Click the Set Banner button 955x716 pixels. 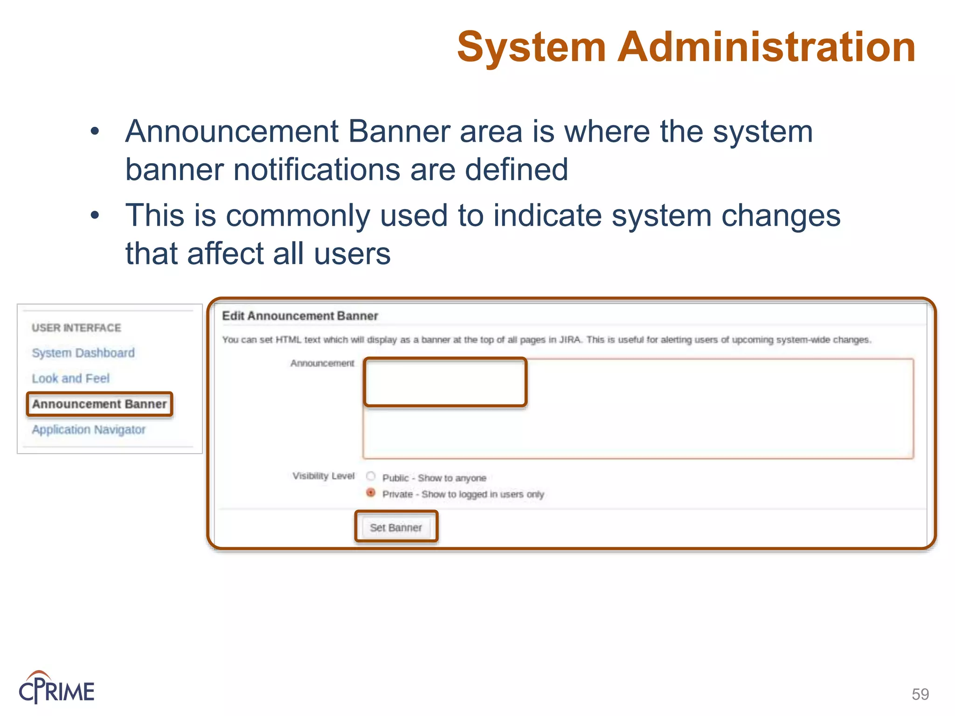pos(396,527)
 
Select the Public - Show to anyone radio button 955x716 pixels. pos(371,476)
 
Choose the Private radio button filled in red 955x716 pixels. pos(371,492)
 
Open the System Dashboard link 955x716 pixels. pos(83,353)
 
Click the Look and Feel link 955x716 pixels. pos(70,378)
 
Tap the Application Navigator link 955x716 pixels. pos(89,429)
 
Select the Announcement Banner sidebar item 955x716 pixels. pos(99,404)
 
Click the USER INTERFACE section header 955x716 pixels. pos(76,328)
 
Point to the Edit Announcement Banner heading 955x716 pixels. pos(300,316)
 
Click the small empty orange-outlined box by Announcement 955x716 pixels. pos(445,382)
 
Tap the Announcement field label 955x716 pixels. pos(322,363)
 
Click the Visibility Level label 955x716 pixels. pos(323,476)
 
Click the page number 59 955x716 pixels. pos(920,694)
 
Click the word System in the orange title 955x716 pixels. pos(531,48)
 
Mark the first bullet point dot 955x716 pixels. pos(95,131)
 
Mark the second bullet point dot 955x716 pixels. pos(95,215)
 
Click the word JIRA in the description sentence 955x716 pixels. pos(569,340)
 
